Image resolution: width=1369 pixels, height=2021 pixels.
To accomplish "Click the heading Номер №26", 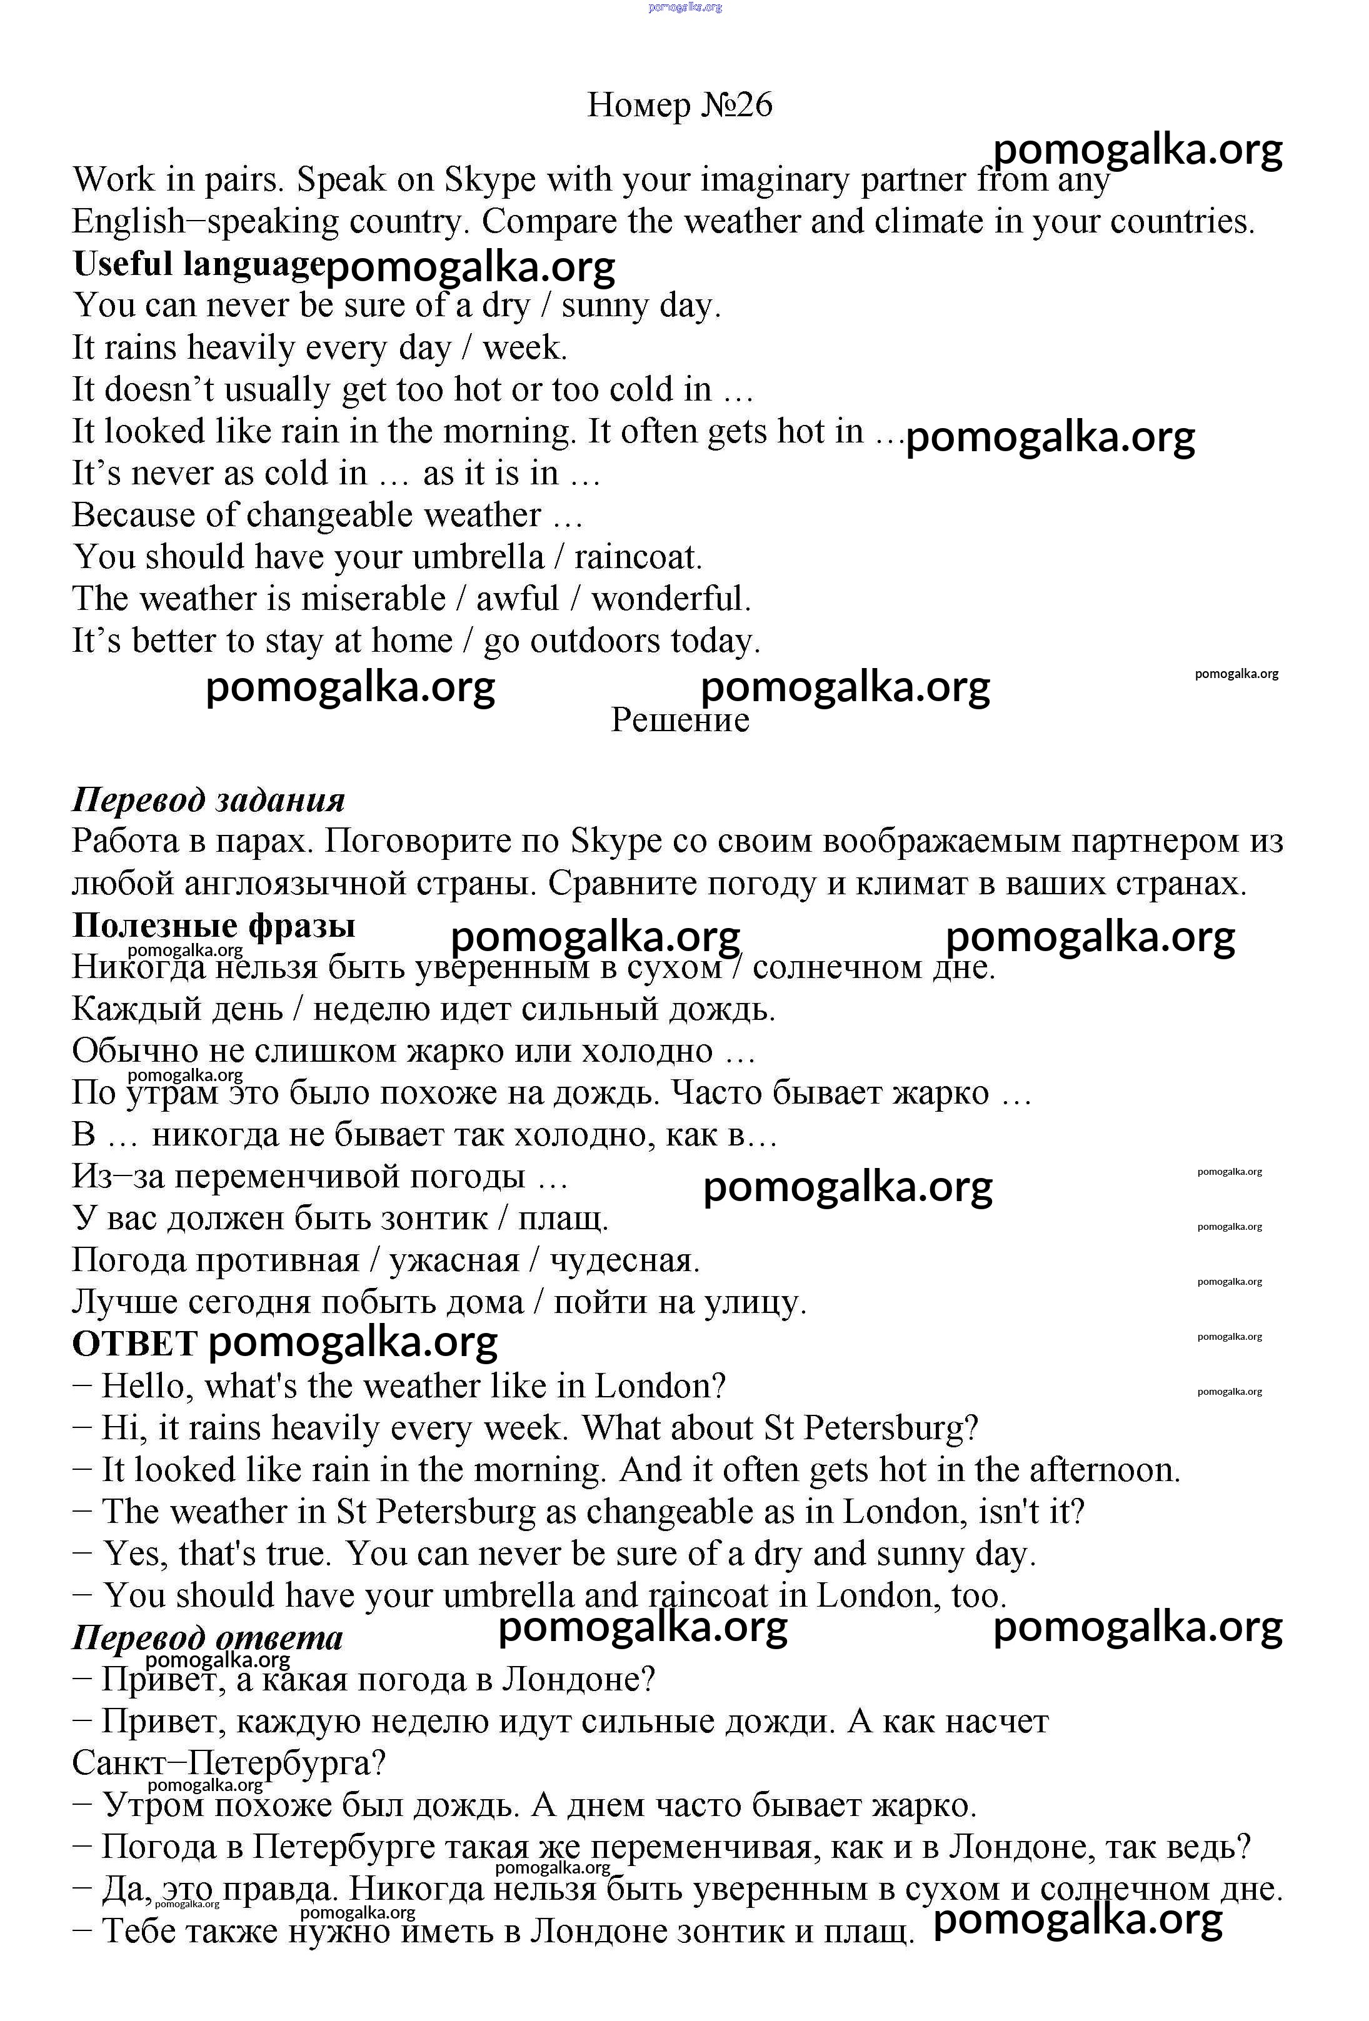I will click(679, 105).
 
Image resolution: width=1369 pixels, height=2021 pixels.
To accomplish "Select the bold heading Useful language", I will click(198, 264).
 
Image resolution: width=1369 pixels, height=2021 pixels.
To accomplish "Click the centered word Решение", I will click(679, 720).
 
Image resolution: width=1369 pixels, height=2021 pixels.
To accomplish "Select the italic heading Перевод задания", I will click(209, 799).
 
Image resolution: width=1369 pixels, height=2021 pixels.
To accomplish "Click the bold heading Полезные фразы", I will click(214, 924).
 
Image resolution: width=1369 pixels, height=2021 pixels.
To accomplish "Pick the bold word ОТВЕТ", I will click(135, 1344).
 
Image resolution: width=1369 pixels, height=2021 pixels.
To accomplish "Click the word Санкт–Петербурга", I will click(228, 1763).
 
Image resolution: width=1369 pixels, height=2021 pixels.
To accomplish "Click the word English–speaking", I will click(205, 222).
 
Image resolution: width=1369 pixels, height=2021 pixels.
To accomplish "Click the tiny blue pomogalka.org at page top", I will click(685, 7).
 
